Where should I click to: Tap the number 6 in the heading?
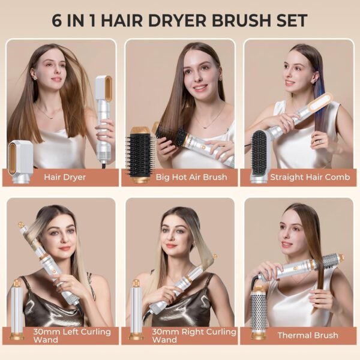(x=58, y=20)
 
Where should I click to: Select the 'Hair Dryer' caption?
(x=64, y=177)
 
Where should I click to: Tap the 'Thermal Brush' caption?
(x=308, y=335)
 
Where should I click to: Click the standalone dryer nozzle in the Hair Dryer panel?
(x=22, y=158)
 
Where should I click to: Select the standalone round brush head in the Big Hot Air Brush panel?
(x=142, y=155)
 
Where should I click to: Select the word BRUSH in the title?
(x=246, y=20)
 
